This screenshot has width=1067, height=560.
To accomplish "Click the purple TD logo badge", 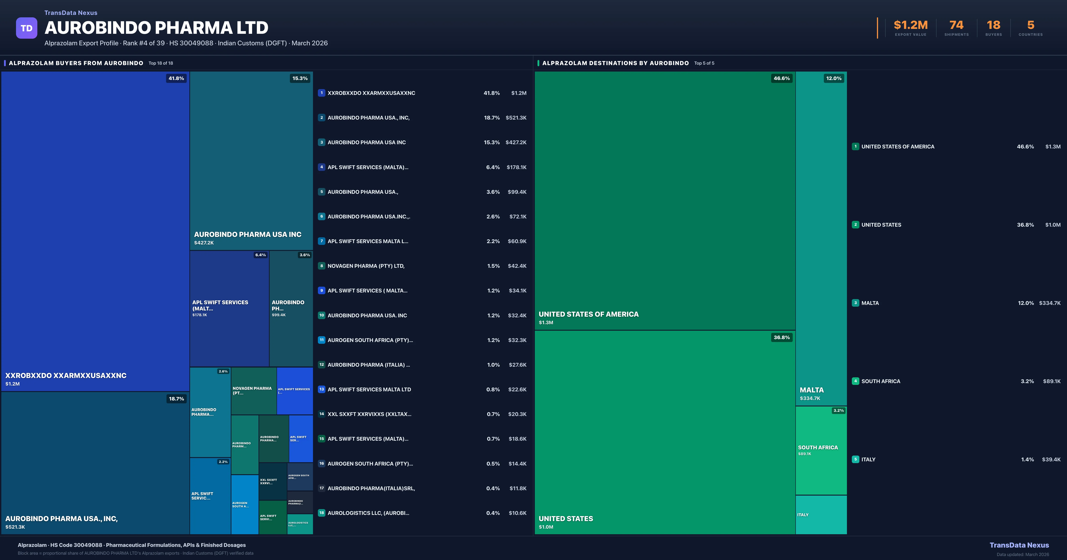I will click(x=26, y=28).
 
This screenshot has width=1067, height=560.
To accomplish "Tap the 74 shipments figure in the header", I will click(x=956, y=25).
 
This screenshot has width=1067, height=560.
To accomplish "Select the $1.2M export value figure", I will click(x=911, y=25).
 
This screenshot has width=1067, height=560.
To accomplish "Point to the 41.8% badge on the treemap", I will click(x=176, y=78).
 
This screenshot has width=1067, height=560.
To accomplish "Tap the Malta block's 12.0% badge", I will click(x=833, y=78).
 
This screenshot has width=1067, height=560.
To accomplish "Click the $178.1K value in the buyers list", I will click(x=516, y=167).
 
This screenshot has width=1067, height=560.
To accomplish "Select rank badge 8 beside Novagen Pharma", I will click(x=321, y=266).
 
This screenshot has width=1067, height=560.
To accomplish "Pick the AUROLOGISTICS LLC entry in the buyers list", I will click(x=368, y=513).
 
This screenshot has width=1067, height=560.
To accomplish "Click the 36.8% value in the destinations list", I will click(x=1025, y=225).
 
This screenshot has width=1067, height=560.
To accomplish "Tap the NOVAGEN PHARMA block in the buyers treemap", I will click(x=253, y=391).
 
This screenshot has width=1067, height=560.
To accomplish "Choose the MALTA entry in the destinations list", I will click(x=870, y=303).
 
